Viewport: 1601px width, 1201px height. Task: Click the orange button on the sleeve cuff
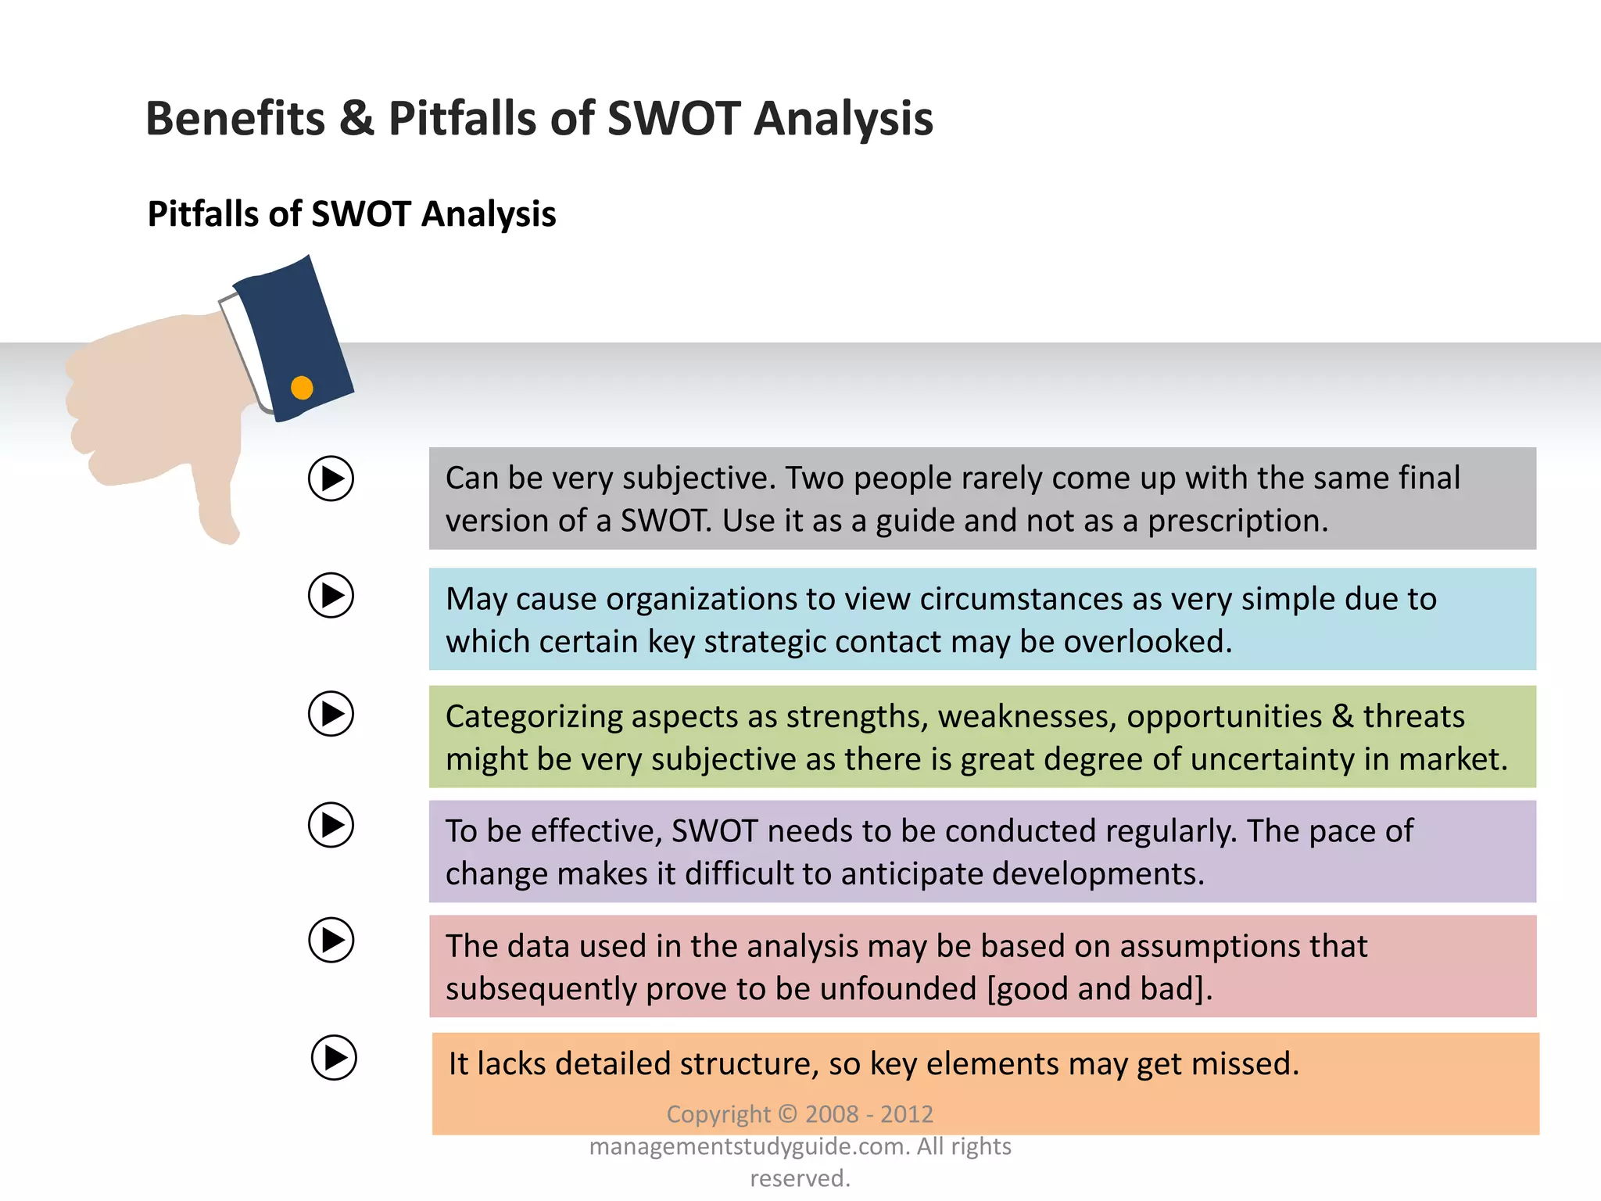pyautogui.click(x=302, y=388)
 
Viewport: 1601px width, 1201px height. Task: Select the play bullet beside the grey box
pyautogui.click(x=331, y=479)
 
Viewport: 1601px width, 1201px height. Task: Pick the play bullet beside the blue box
pyautogui.click(x=331, y=596)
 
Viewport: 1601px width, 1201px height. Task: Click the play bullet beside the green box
pyautogui.click(x=331, y=714)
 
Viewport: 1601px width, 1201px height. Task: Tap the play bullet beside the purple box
pyautogui.click(x=331, y=825)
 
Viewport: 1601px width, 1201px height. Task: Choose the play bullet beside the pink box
pyautogui.click(x=331, y=940)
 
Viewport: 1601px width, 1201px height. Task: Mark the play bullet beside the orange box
pyautogui.click(x=334, y=1058)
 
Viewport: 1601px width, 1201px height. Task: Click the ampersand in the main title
pyautogui.click(x=356, y=119)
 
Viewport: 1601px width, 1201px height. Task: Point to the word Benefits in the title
pyautogui.click(x=235, y=119)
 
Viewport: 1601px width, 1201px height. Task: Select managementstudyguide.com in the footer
pyautogui.click(x=749, y=1147)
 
